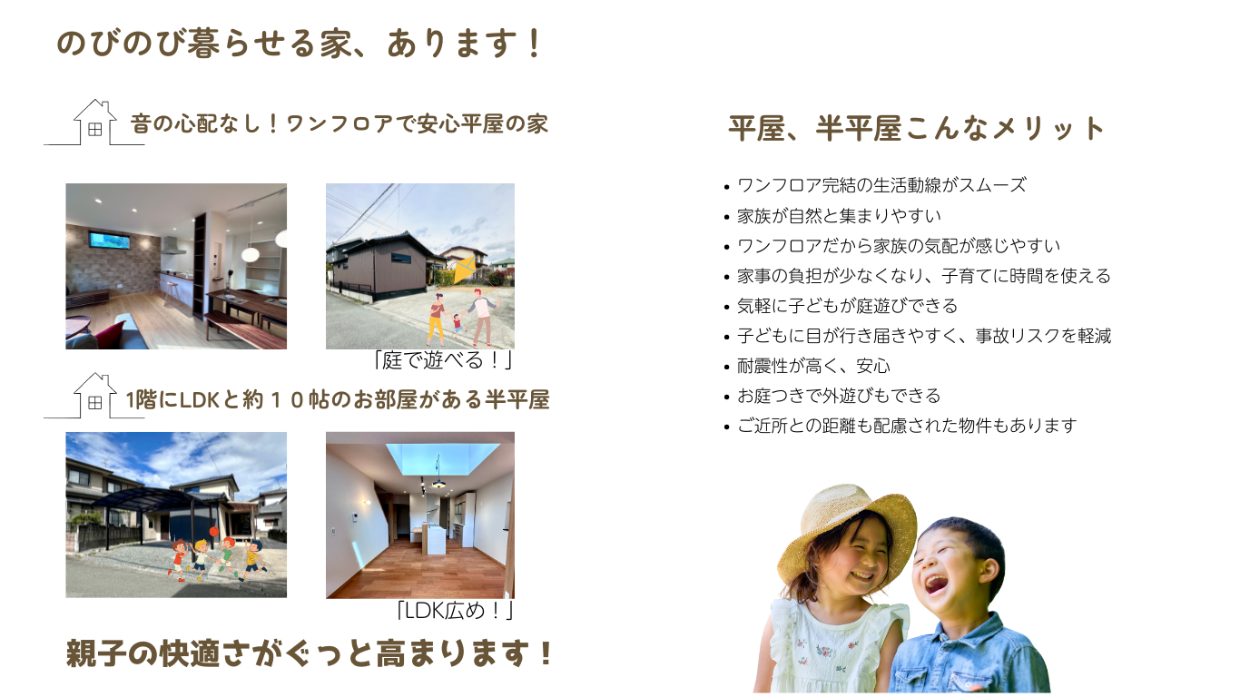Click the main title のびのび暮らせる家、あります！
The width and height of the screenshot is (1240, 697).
point(299,44)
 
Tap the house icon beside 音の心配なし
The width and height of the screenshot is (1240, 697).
point(95,122)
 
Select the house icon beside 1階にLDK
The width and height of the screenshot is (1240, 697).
point(95,396)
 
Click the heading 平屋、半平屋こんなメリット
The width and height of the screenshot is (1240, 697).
point(916,129)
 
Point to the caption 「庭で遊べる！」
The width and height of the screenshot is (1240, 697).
point(443,360)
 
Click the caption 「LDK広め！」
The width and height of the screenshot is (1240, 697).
point(455,610)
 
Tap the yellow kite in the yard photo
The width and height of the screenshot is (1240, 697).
point(464,270)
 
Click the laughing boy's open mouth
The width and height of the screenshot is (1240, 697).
point(936,584)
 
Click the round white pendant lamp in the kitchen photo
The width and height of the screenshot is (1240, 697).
point(251,255)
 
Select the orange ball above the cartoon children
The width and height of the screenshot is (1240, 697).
point(214,532)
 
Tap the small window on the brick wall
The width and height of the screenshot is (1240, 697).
point(109,241)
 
